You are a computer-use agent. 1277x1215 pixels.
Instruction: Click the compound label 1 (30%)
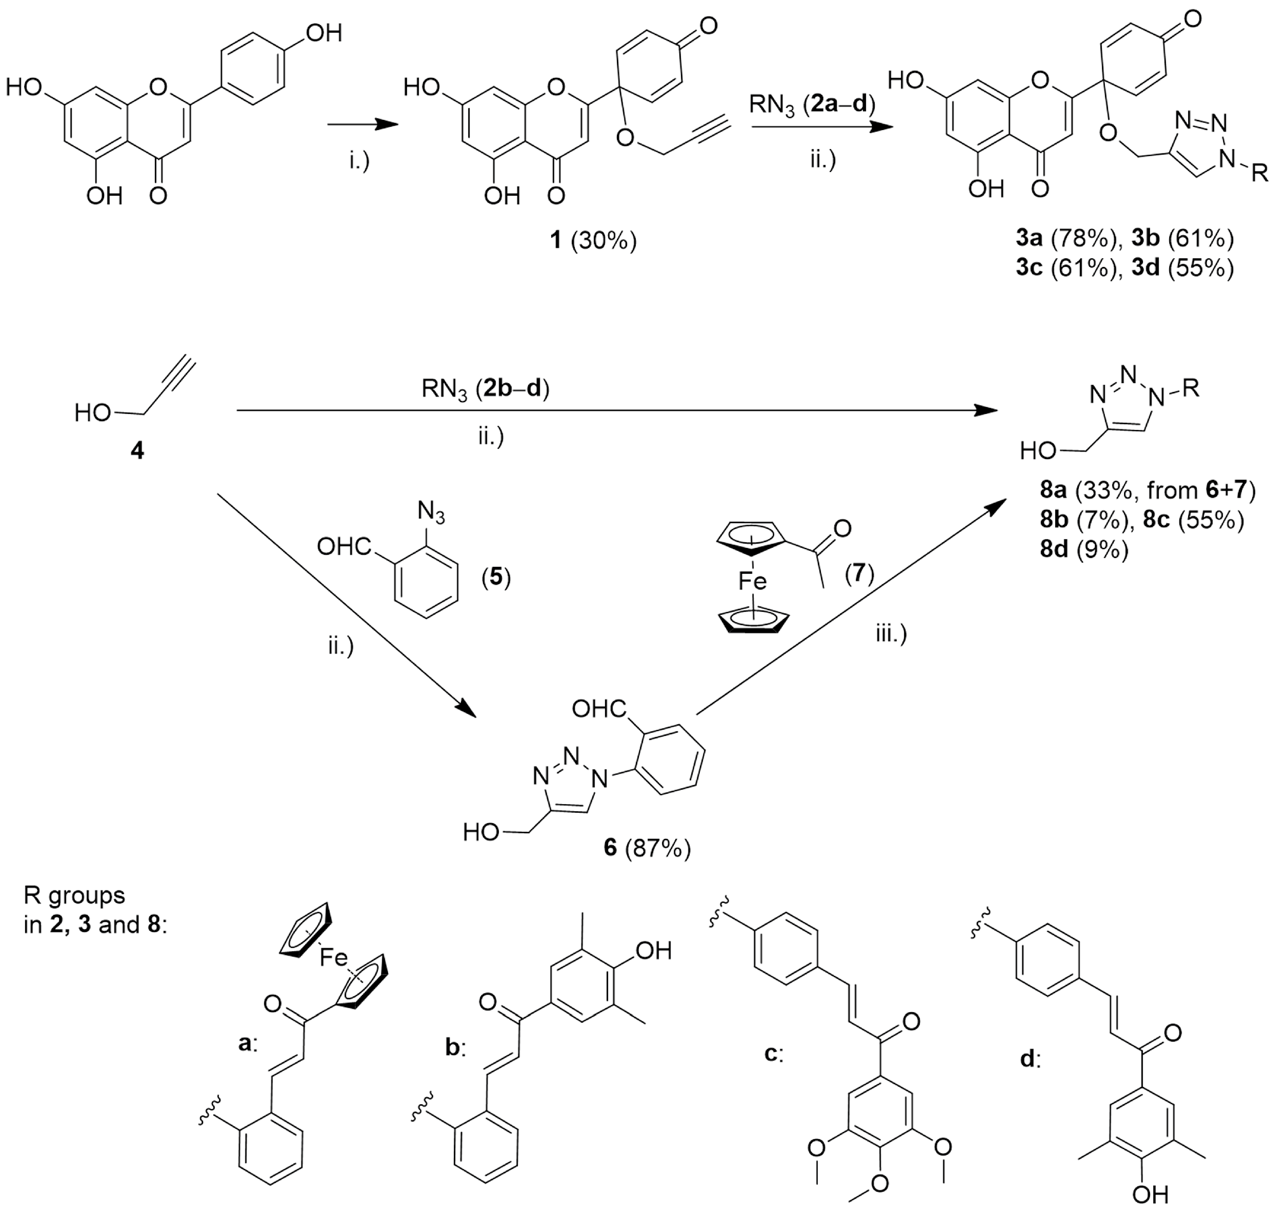coord(593,241)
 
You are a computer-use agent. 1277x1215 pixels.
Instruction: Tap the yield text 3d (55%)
coord(1182,267)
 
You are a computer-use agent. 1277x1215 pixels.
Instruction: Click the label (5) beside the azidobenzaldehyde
coord(496,576)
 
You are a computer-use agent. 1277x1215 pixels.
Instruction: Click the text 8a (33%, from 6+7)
coord(1147,490)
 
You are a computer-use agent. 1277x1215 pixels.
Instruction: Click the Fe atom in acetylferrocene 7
coord(752,581)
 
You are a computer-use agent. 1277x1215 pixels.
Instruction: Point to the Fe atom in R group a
coord(334,957)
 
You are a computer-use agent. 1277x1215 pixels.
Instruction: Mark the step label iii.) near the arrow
coord(891,634)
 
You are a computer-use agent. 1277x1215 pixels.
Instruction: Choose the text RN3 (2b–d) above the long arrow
coord(485,389)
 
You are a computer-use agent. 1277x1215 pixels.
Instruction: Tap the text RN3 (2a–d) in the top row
coord(812,104)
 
